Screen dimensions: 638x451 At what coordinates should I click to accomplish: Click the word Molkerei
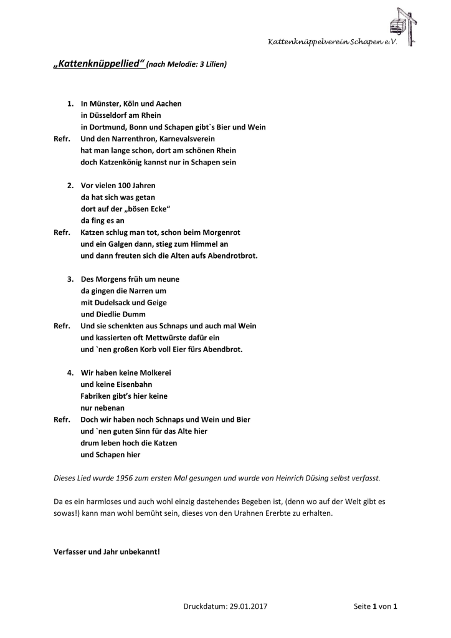(150, 373)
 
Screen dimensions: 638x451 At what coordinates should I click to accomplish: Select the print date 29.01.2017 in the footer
(249, 606)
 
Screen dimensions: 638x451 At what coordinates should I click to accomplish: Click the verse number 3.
(70, 279)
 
